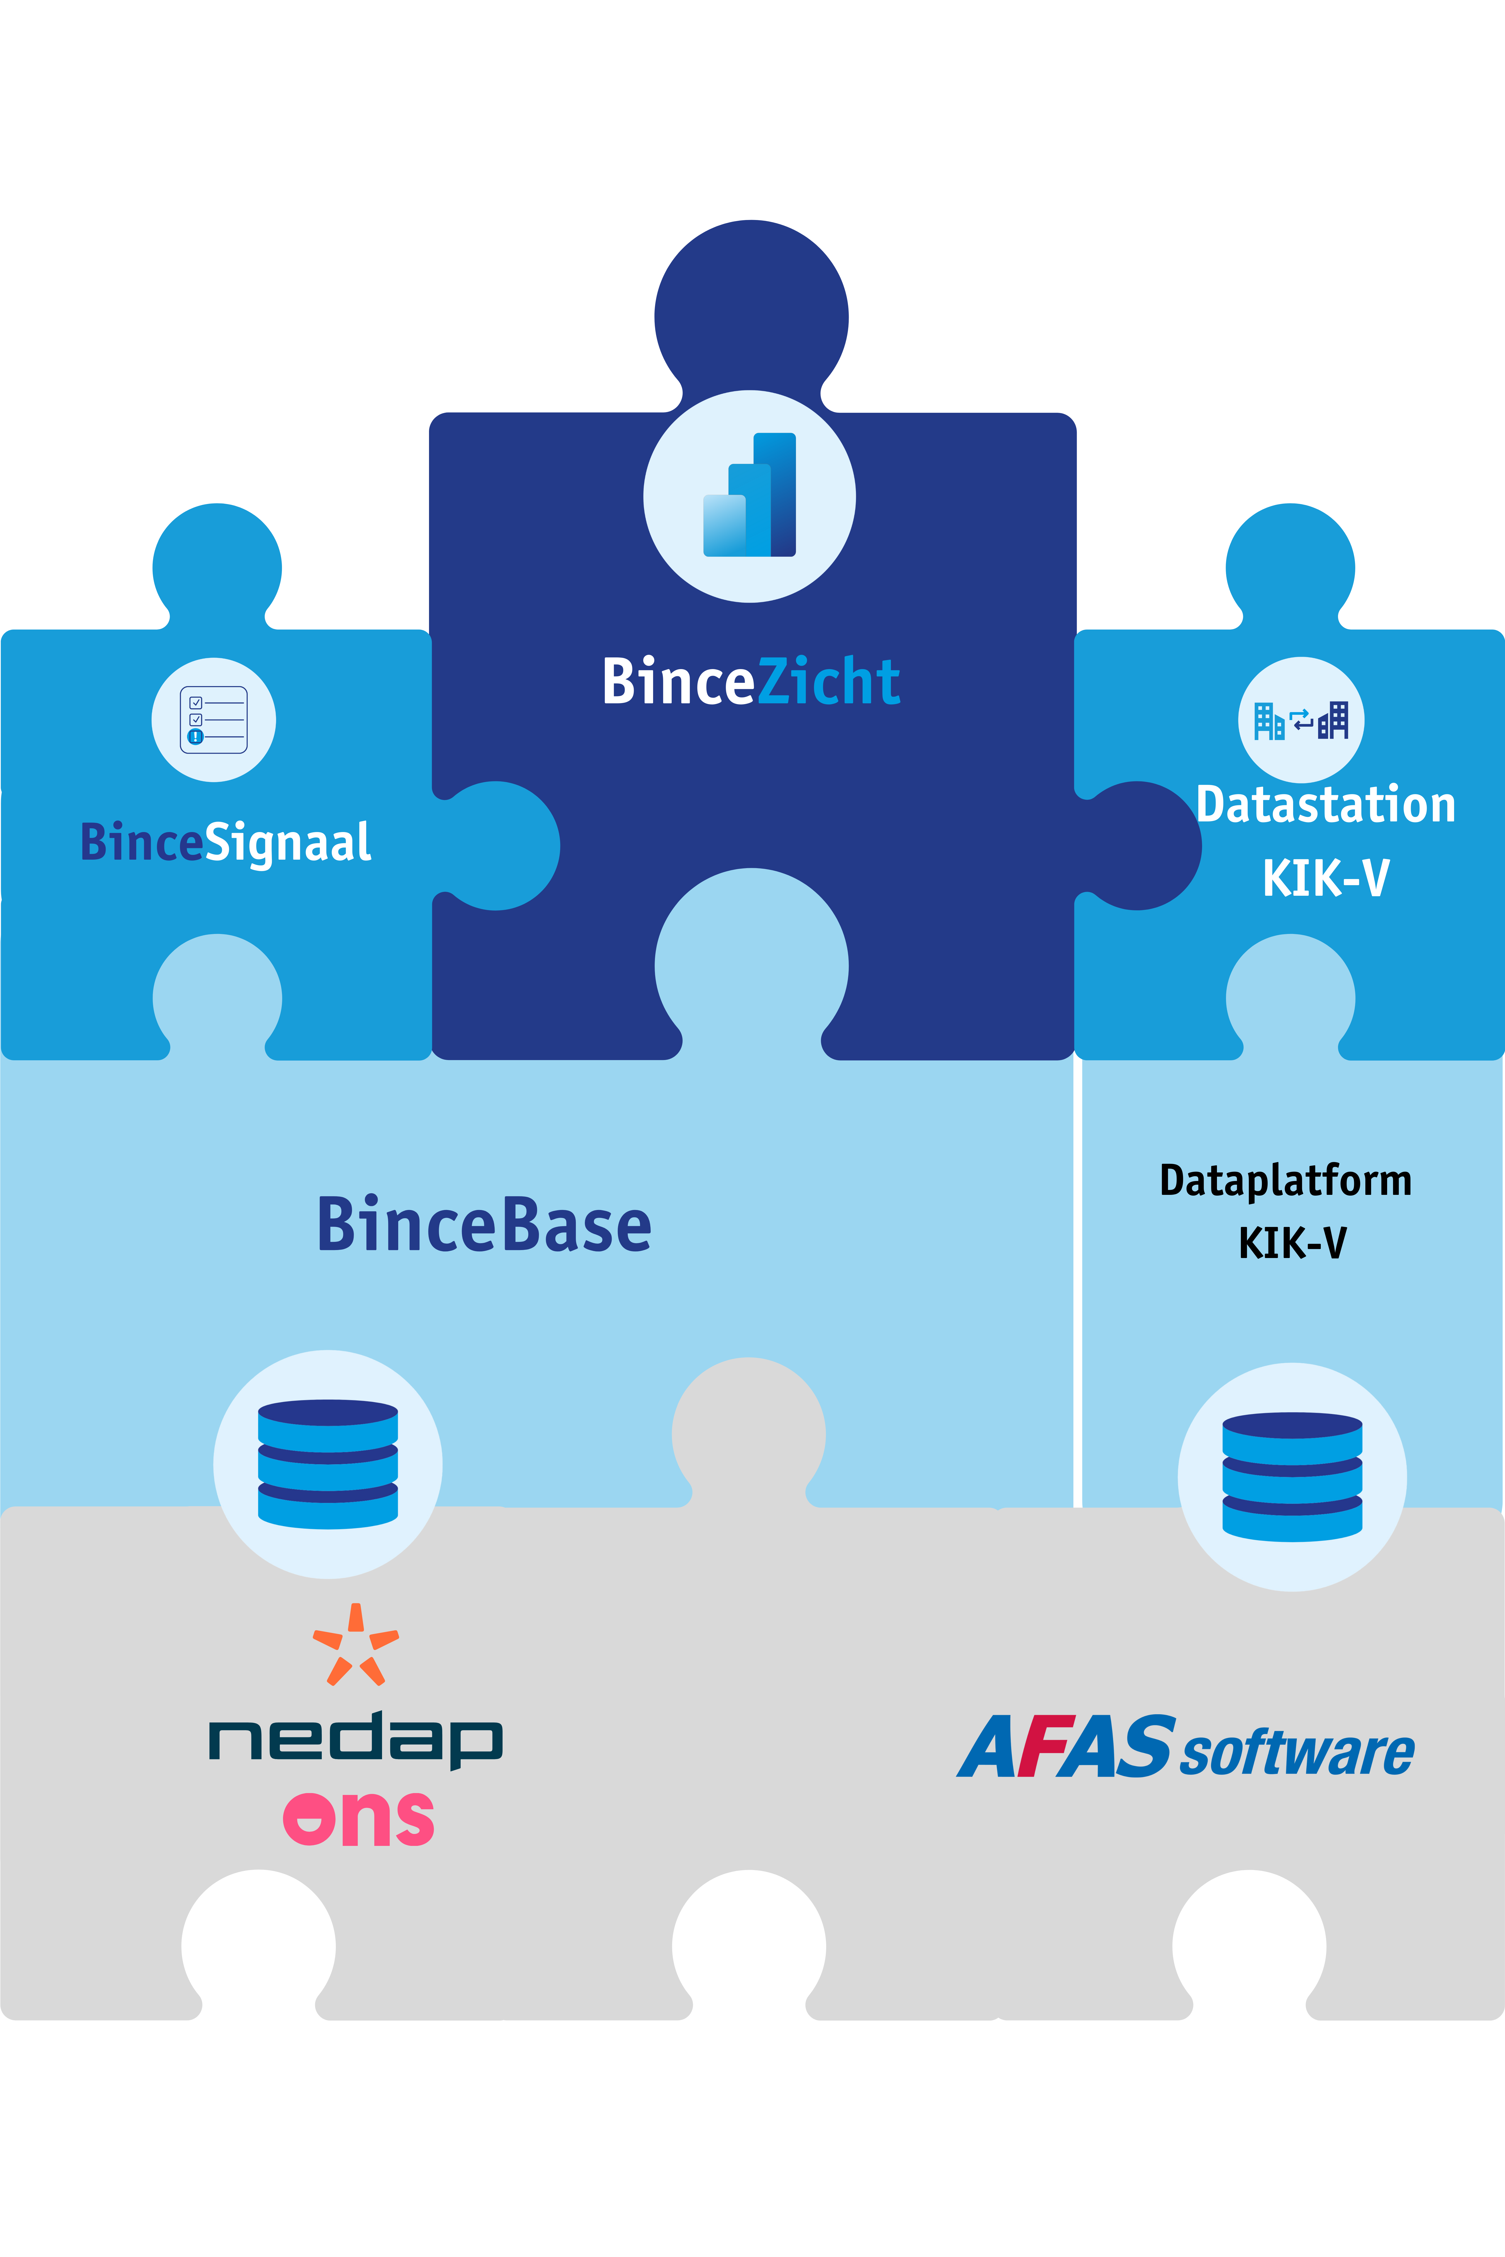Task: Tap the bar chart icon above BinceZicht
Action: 750,495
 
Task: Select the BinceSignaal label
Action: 226,843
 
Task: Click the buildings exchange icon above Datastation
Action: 1301,720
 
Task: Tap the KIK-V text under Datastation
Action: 1326,877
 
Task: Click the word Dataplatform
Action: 1285,1180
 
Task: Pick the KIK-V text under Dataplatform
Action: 1292,1243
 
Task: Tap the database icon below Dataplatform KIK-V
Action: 1292,1477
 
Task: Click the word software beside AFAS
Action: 1297,1752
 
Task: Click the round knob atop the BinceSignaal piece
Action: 217,566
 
